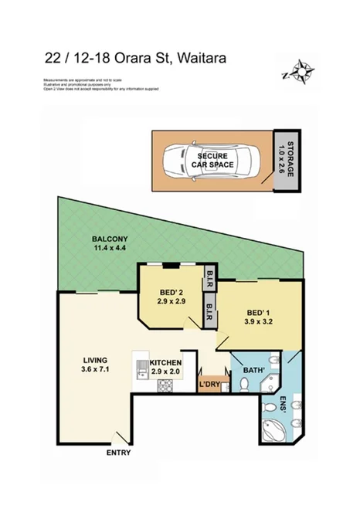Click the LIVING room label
96,361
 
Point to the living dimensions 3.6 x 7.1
96,370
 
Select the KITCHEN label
165,362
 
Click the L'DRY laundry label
209,384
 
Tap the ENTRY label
119,452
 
